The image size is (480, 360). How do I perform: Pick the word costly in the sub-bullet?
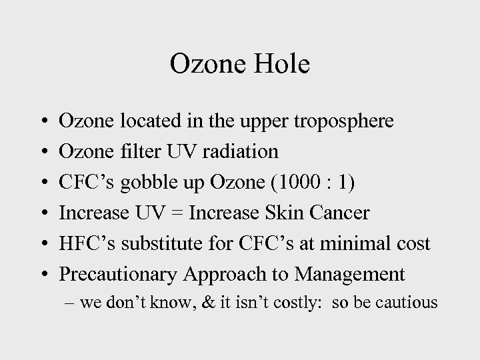coord(283,303)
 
